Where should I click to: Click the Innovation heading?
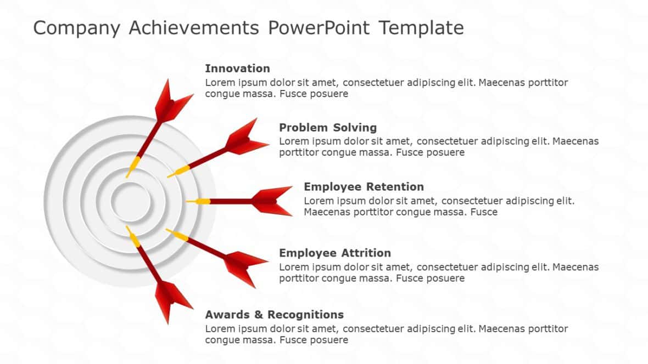[237, 69]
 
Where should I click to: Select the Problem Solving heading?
[328, 128]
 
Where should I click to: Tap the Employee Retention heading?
[364, 187]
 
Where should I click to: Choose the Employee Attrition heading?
[335, 253]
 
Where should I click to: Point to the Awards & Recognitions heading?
[274, 315]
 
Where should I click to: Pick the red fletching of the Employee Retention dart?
[272, 201]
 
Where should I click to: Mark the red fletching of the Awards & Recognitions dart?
[171, 302]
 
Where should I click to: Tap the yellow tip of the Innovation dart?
[133, 166]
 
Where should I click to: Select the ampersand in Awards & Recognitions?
[259, 315]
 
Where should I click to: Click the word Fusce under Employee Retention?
[484, 212]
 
